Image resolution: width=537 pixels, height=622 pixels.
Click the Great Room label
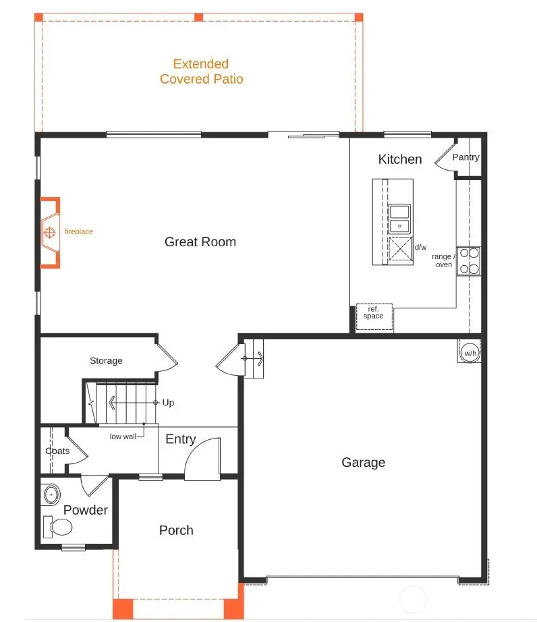tap(200, 242)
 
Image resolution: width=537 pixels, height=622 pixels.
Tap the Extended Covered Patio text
tap(201, 72)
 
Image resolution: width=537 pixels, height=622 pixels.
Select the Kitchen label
tap(400, 159)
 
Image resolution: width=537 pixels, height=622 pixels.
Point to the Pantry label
tap(465, 157)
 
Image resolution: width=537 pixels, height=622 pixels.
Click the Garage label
tap(363, 462)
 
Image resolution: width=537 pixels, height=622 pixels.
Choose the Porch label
tap(176, 530)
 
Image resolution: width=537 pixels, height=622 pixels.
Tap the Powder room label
tap(86, 510)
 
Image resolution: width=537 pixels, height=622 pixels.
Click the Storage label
tap(107, 361)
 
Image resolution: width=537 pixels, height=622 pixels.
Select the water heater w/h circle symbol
tap(470, 351)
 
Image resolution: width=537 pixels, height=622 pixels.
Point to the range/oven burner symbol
tap(469, 261)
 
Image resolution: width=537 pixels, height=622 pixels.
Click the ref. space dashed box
tap(373, 316)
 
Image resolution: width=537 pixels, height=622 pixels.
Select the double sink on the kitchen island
tap(399, 217)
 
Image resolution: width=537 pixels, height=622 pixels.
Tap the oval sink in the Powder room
tap(51, 495)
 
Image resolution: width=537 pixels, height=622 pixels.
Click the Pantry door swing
tap(445, 159)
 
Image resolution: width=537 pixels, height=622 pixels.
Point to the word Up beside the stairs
tap(168, 403)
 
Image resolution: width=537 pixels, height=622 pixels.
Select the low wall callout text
tap(123, 436)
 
